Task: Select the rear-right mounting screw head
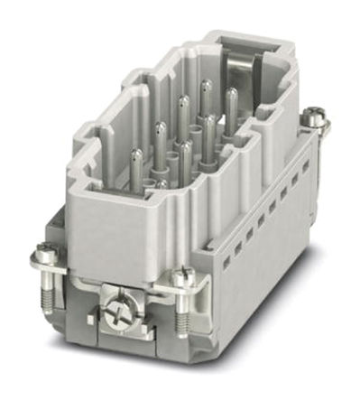pyautogui.click(x=313, y=115)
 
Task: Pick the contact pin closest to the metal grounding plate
pyautogui.click(x=230, y=99)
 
